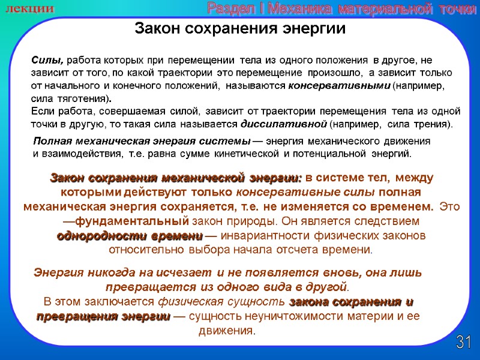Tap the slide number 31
(x=463, y=343)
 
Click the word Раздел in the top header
(x=227, y=8)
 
